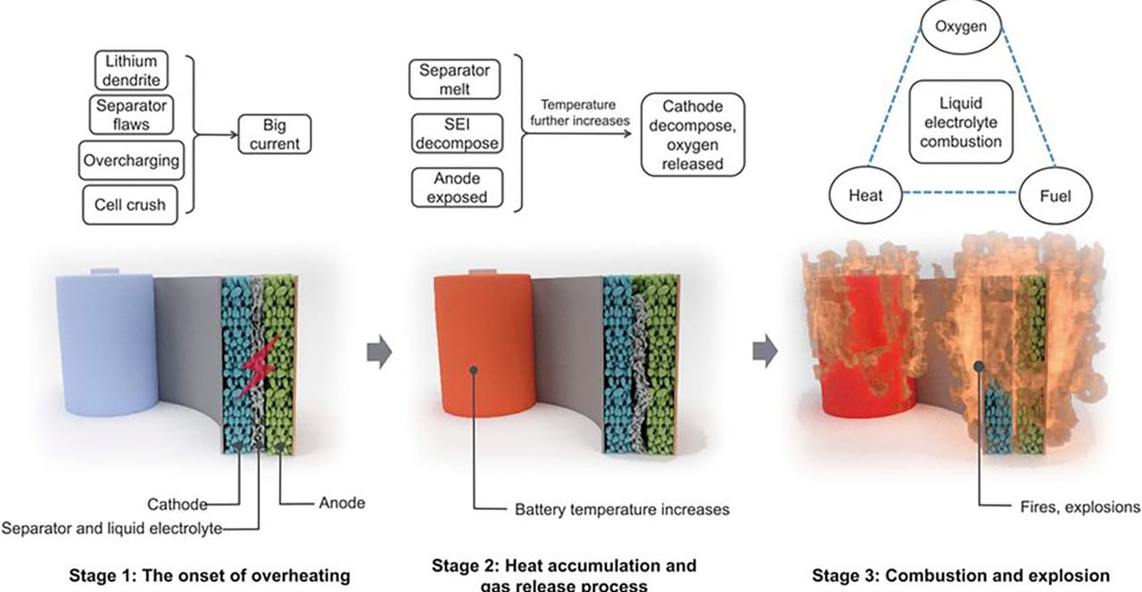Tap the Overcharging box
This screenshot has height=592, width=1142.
tap(130, 162)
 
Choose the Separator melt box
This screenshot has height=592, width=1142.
tap(453, 79)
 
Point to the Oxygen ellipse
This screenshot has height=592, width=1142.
tap(960, 27)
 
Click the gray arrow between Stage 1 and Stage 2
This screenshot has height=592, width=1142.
tap(380, 351)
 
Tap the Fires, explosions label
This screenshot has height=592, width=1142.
tap(1080, 507)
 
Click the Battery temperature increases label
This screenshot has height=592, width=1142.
tap(622, 510)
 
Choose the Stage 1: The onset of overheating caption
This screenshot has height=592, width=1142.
tap(210, 575)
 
